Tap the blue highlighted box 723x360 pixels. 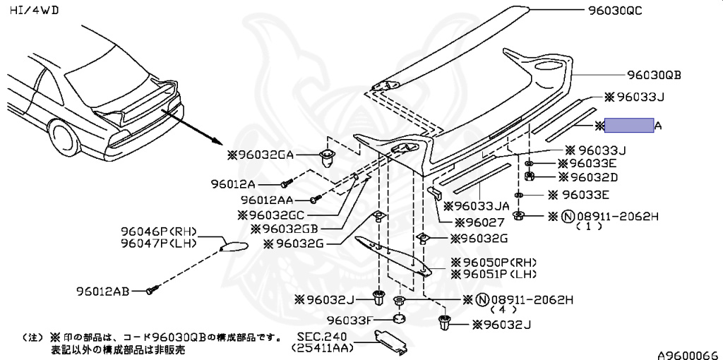pos(630,126)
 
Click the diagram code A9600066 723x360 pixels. pos(688,354)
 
